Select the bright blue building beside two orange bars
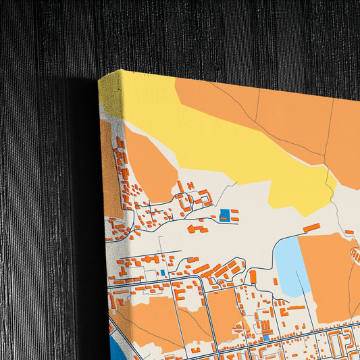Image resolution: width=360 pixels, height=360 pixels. point(224,215)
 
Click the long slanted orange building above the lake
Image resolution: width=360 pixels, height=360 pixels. point(311,228)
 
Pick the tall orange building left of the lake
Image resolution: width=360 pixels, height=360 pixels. point(253,276)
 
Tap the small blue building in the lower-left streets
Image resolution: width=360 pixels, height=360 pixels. point(163,274)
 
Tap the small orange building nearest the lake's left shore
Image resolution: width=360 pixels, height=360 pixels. point(276,281)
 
